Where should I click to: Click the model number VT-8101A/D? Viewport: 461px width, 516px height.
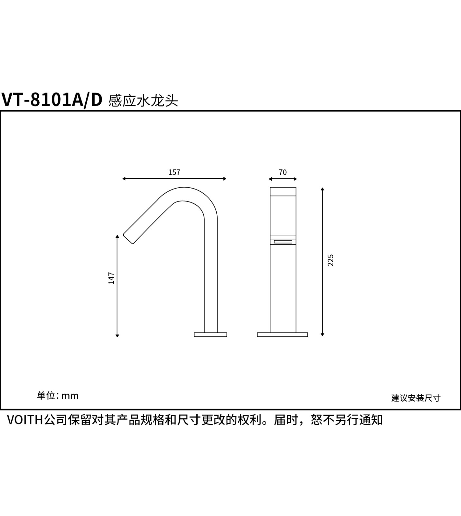[x=52, y=100]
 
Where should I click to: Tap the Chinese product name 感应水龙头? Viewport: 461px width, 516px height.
[x=144, y=101]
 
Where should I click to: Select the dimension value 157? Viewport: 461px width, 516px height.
[x=174, y=172]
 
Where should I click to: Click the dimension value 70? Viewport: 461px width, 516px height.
[x=283, y=172]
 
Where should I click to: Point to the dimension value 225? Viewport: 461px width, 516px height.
[x=331, y=260]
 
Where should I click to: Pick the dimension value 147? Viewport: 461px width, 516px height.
[x=111, y=278]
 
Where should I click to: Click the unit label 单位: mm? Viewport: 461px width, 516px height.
[x=58, y=396]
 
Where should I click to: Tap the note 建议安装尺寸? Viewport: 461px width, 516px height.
[x=416, y=398]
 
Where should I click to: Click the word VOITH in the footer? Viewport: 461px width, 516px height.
[x=25, y=420]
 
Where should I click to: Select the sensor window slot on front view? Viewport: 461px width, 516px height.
[x=283, y=242]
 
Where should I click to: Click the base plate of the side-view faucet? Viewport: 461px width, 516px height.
[x=211, y=335]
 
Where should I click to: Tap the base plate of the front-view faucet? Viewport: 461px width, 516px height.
[x=282, y=335]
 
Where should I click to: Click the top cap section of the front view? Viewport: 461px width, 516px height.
[x=283, y=192]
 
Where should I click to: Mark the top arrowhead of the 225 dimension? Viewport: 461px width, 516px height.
[x=322, y=189]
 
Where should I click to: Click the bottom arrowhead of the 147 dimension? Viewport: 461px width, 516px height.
[x=117, y=336]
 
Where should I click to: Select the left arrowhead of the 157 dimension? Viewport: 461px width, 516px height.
[x=124, y=179]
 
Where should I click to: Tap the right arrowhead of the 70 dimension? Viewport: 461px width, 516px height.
[x=295, y=179]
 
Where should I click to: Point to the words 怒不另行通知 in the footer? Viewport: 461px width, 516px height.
[x=347, y=420]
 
